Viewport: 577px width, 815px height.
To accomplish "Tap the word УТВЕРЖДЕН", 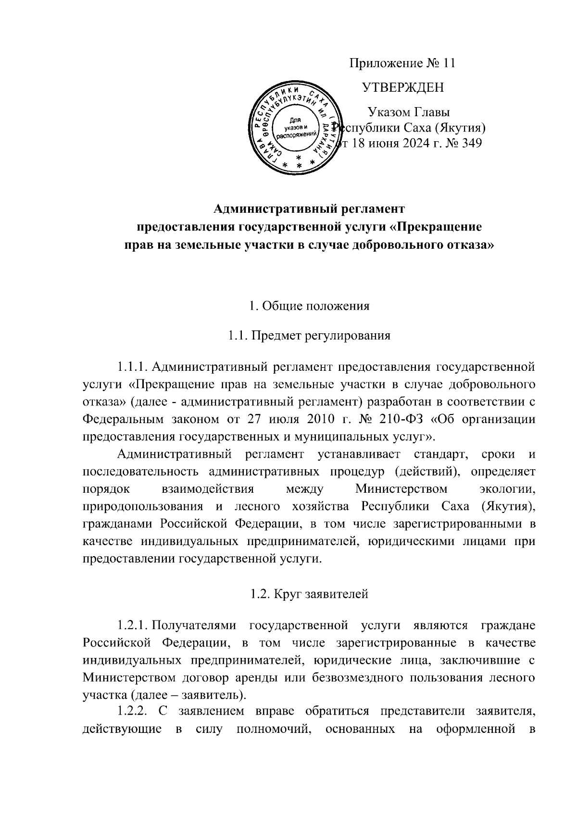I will [402, 87].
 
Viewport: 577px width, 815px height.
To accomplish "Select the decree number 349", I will [471, 143].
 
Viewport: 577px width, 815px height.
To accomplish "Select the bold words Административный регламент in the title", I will [310, 209].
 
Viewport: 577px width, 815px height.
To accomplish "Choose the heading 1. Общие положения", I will [310, 306].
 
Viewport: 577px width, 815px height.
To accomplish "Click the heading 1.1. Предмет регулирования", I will [310, 335].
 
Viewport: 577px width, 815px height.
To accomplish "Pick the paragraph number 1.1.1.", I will [132, 367].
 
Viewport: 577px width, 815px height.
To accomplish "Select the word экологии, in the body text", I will [509, 489].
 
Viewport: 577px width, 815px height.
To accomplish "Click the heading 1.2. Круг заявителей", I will [310, 594].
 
